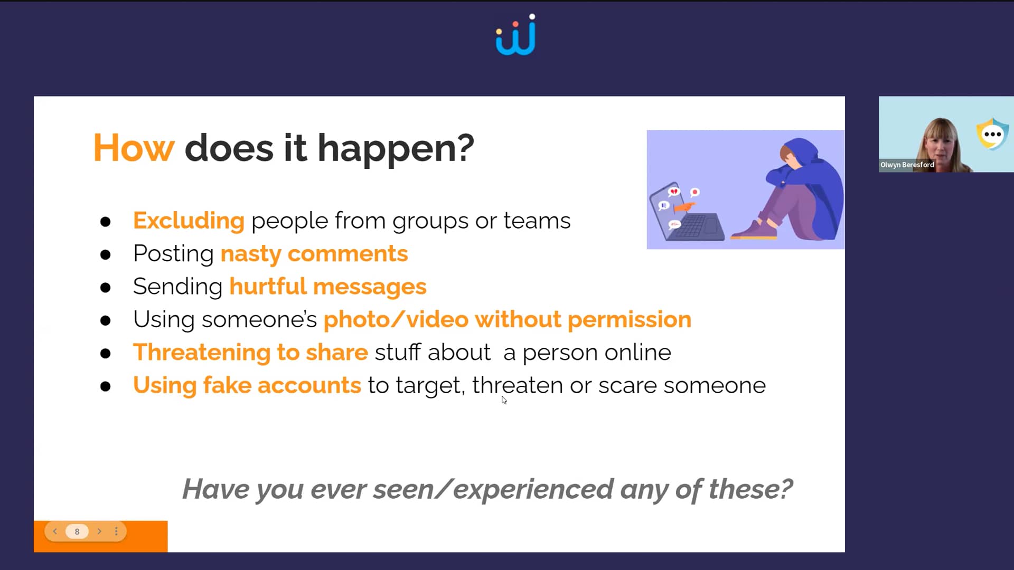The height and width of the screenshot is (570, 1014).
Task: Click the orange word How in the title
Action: click(x=133, y=148)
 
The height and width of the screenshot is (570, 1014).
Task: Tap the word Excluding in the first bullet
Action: click(x=189, y=221)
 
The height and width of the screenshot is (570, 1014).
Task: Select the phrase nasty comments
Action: click(x=314, y=254)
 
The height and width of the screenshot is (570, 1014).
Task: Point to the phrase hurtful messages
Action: click(x=327, y=287)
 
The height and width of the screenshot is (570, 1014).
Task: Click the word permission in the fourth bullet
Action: click(x=629, y=319)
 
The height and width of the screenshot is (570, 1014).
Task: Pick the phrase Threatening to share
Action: click(x=250, y=353)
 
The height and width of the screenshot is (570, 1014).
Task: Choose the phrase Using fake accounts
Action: click(x=247, y=385)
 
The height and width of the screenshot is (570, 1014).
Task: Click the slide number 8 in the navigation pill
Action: click(x=77, y=531)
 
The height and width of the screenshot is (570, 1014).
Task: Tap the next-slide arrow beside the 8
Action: click(x=99, y=531)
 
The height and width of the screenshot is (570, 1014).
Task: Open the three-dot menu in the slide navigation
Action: click(x=116, y=531)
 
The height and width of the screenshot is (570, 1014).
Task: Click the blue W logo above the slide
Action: click(x=515, y=36)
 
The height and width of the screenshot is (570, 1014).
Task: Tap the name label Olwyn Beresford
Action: click(x=907, y=165)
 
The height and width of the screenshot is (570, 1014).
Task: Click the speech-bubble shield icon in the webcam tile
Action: click(x=992, y=134)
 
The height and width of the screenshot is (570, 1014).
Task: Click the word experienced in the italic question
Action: click(x=533, y=489)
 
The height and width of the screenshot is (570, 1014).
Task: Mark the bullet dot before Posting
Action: click(x=106, y=255)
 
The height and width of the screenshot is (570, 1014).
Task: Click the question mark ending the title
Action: click(x=466, y=148)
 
